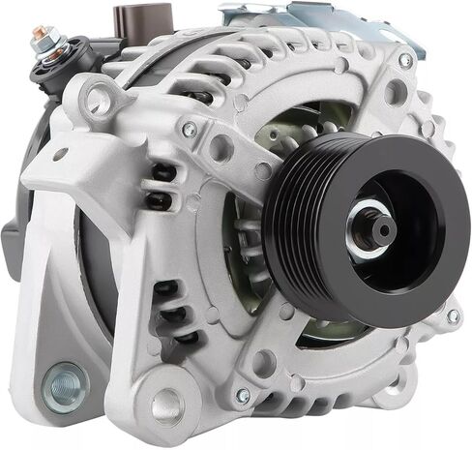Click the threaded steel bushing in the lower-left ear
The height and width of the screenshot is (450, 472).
pyautogui.click(x=65, y=386)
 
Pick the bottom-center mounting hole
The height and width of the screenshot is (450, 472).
pyautogui.click(x=167, y=406)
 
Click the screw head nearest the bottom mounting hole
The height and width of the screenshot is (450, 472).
pyautogui.click(x=243, y=395)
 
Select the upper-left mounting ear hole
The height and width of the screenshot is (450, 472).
pyautogui.click(x=101, y=100)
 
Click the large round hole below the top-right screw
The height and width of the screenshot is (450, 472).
pyautogui.click(x=396, y=92)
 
